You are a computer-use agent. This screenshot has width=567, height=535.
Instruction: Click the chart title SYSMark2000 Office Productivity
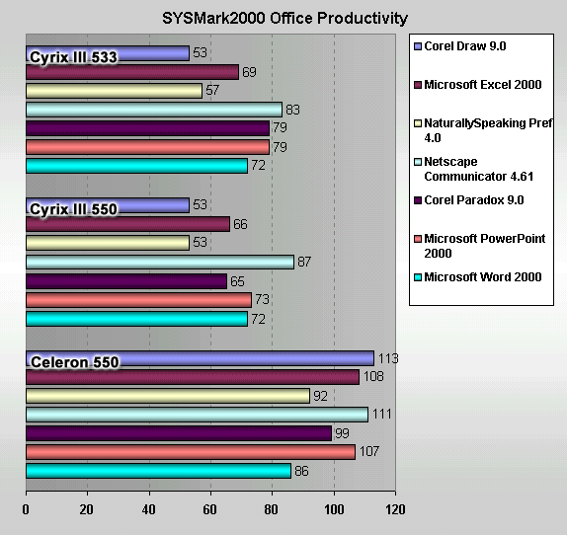284,18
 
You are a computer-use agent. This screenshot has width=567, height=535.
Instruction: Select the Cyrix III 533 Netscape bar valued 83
154,110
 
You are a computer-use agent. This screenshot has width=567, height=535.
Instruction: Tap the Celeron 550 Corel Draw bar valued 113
200,358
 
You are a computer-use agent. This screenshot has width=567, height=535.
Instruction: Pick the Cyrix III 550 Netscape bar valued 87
160,262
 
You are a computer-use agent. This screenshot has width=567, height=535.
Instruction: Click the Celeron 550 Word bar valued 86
158,471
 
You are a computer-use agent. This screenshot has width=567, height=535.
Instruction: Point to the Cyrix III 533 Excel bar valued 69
132,72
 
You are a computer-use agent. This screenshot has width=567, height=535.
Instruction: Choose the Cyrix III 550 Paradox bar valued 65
126,281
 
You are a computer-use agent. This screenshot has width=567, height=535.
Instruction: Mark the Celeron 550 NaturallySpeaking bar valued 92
168,396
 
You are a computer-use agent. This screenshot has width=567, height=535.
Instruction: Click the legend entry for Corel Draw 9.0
460,46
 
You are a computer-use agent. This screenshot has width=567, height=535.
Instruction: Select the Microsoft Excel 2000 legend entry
478,85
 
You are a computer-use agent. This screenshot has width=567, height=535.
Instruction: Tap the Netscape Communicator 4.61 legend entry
474,169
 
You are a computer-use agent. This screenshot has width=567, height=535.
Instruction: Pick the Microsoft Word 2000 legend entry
478,277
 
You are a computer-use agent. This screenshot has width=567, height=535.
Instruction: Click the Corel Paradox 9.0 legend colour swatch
418,200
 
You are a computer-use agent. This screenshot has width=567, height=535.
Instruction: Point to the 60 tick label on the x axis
209,509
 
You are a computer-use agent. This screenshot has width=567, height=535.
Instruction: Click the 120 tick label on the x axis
395,509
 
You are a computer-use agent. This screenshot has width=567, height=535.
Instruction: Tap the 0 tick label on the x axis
26,509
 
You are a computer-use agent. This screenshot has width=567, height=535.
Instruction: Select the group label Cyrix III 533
73,57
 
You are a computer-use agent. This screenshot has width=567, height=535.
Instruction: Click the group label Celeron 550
75,362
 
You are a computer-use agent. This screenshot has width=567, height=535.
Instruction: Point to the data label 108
373,376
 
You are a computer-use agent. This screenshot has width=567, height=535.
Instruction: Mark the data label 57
212,90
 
